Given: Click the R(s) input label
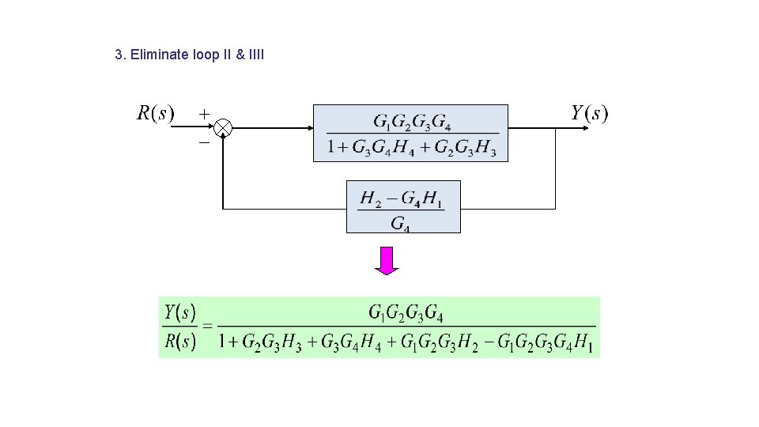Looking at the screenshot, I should tap(155, 113).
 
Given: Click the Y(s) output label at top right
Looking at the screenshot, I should tap(590, 113).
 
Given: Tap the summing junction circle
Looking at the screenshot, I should tap(224, 127).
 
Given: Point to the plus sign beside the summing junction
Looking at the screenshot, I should tap(204, 113).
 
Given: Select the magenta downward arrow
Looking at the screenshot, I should tap(387, 260).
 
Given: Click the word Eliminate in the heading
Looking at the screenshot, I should tap(160, 55).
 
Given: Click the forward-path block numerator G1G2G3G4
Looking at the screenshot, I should tap(412, 123).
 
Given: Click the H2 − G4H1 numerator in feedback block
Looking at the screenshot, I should tap(402, 198).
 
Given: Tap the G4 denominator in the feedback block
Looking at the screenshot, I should tap(401, 223).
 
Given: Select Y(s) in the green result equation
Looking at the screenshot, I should tap(180, 312).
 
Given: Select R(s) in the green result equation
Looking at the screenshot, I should tap(180, 343).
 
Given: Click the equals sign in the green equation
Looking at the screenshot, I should tap(207, 327).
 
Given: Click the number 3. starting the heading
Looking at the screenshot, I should tap(119, 55).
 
